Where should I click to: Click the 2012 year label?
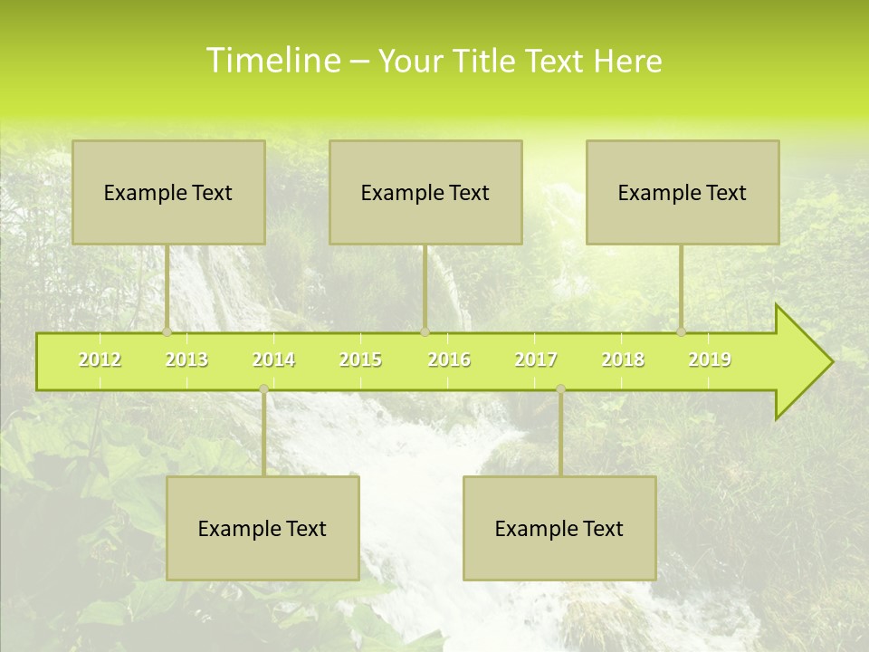[x=100, y=360]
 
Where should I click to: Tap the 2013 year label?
[x=186, y=360]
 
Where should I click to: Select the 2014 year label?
[x=273, y=360]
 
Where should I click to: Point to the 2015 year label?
[x=360, y=360]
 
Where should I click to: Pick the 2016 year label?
[x=449, y=360]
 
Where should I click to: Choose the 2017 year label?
[x=536, y=360]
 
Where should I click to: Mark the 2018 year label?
[x=623, y=360]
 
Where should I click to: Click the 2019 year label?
[x=710, y=360]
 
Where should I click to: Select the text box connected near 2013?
[x=168, y=192]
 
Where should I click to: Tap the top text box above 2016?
[x=425, y=192]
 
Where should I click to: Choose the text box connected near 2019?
[x=683, y=192]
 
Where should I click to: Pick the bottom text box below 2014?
[x=263, y=528]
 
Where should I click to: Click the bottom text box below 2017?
[x=559, y=528]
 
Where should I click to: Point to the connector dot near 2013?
[x=167, y=331]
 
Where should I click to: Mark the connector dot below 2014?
[x=263, y=388]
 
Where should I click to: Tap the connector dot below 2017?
[x=560, y=388]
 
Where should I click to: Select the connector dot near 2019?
[x=681, y=331]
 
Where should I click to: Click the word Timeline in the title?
[x=272, y=61]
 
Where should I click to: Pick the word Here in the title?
[x=627, y=61]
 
